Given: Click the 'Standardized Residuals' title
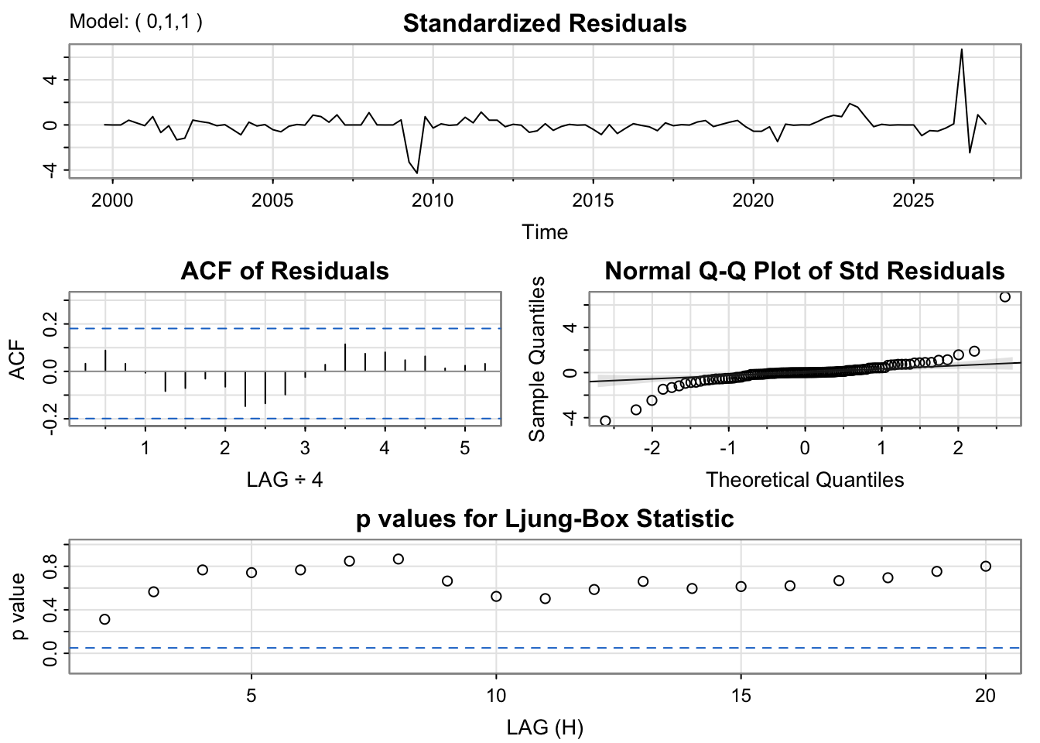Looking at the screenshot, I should tap(545, 23).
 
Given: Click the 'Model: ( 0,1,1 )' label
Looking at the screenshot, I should tap(136, 22).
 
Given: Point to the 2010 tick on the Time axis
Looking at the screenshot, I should tap(433, 201).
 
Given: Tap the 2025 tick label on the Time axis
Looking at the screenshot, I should tap(913, 201).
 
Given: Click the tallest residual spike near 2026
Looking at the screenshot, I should tap(961, 50).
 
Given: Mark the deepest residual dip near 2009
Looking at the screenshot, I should tap(417, 173).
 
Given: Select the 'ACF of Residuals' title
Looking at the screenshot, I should tap(285, 271).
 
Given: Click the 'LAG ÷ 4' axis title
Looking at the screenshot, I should tap(285, 480).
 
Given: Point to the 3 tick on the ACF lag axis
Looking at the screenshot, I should tap(305, 448).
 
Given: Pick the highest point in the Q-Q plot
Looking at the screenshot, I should tap(1004, 296).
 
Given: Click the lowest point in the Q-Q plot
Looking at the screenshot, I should tap(605, 421).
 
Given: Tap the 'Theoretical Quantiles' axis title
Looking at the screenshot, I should tap(805, 480).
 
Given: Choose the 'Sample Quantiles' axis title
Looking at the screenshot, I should tap(537, 359).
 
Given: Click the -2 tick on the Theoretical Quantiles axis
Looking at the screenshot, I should tap(652, 448).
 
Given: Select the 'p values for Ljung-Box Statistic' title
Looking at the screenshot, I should tap(545, 519).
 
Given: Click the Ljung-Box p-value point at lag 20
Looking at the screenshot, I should tap(985, 567).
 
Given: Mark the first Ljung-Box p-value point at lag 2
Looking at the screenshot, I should tap(104, 619).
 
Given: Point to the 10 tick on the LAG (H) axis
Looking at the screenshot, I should tap(496, 696).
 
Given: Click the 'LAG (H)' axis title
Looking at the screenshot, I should tap(545, 728).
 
